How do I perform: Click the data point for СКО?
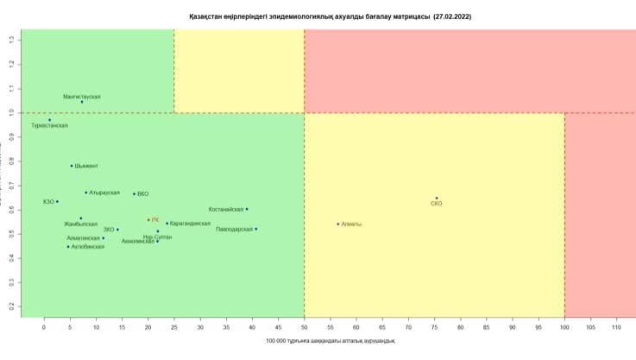437,199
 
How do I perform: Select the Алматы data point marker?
338,224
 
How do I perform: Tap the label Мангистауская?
82,97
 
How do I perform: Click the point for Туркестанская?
50,120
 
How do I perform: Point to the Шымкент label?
86,166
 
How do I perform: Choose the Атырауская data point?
86,193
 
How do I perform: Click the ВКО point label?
143,194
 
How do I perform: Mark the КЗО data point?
57,202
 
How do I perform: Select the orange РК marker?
148,220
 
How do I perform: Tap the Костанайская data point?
247,209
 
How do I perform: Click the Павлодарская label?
235,230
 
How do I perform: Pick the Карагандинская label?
191,224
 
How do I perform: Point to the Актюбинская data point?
68,247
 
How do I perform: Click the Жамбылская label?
81,224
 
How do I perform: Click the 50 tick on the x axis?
305,328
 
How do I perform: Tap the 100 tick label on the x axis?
564,328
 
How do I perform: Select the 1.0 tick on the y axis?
12,112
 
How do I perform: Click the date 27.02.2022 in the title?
452,16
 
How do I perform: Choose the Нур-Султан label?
158,237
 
